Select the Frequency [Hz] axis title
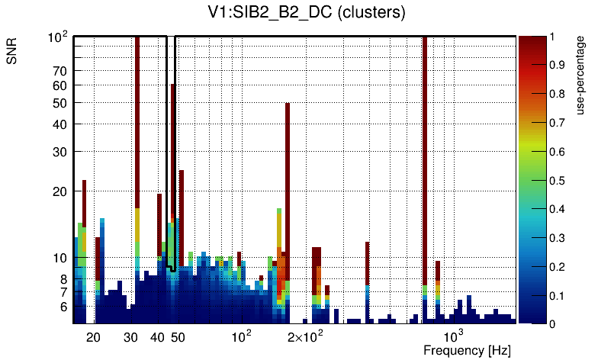coord(466,350)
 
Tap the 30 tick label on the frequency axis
coord(131,337)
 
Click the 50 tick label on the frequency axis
coord(178,337)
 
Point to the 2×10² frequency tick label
coord(304,336)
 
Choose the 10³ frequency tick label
coord(453,336)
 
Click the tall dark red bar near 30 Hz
coord(137,122)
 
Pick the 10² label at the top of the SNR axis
coord(59,37)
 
